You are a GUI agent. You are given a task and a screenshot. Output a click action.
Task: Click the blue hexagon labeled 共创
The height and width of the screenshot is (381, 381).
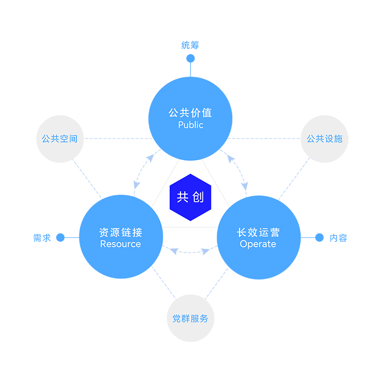(190, 197)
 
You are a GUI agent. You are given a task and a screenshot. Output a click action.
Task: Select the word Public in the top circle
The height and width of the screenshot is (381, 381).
(190, 125)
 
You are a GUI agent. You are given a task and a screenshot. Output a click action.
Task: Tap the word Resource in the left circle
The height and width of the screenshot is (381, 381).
(120, 244)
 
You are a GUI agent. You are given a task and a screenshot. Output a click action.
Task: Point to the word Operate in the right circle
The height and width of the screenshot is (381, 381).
(258, 244)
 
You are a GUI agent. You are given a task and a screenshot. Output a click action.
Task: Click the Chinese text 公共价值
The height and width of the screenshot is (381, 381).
(190, 113)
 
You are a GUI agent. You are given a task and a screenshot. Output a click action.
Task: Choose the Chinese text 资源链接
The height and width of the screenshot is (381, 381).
(120, 232)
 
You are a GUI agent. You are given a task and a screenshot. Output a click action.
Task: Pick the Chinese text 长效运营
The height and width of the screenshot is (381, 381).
(258, 232)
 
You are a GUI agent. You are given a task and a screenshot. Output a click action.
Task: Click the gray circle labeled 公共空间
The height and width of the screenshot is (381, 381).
(60, 139)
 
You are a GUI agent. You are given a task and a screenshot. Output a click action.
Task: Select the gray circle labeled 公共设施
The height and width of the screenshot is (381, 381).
(324, 139)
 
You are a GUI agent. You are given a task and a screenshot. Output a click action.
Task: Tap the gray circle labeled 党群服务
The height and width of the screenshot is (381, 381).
(190, 319)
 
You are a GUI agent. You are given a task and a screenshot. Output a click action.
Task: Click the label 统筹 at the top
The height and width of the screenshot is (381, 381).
(190, 45)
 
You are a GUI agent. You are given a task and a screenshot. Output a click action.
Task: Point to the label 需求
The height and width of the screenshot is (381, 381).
(42, 238)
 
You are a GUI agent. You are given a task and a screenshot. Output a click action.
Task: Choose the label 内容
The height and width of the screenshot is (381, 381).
(339, 238)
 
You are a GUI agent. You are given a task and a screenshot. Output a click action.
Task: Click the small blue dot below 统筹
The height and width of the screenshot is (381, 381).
(190, 59)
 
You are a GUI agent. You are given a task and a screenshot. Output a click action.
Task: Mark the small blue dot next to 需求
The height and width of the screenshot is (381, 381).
(60, 238)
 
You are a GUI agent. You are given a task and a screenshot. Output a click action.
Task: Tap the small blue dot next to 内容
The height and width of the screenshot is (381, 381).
(320, 238)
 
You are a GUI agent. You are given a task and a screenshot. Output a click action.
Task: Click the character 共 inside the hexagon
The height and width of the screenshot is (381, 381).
(183, 197)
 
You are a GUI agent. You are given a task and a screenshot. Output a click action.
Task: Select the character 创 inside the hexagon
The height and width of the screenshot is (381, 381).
(198, 197)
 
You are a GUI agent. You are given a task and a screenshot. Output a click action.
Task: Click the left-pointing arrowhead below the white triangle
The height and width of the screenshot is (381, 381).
(174, 251)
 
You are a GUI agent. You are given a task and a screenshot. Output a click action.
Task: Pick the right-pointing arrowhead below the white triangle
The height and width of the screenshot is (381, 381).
(205, 251)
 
